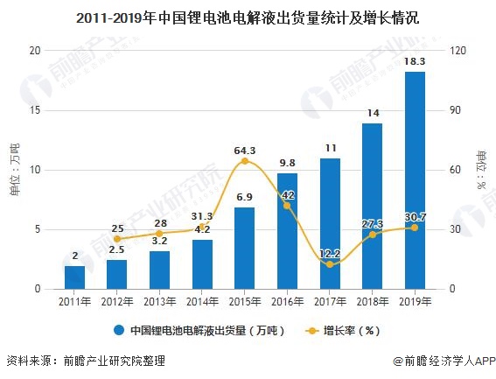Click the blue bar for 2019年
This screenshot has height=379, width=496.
[415, 179]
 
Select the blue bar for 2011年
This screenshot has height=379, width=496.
[75, 277]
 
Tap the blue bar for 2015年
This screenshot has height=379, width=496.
[245, 248]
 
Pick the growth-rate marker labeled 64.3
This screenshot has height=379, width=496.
[245, 161]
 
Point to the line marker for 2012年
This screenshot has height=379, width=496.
[117, 239]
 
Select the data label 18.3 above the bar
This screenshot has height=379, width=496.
[415, 61]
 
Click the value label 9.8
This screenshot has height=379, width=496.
[287, 162]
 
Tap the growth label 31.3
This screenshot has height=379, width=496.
[202, 216]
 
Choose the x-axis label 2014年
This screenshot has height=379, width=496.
[202, 302]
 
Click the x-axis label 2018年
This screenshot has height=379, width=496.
[372, 302]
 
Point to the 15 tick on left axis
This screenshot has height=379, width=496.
[36, 110]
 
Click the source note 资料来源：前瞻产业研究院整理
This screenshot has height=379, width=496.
[85, 361]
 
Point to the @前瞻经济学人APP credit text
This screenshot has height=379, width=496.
[442, 361]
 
